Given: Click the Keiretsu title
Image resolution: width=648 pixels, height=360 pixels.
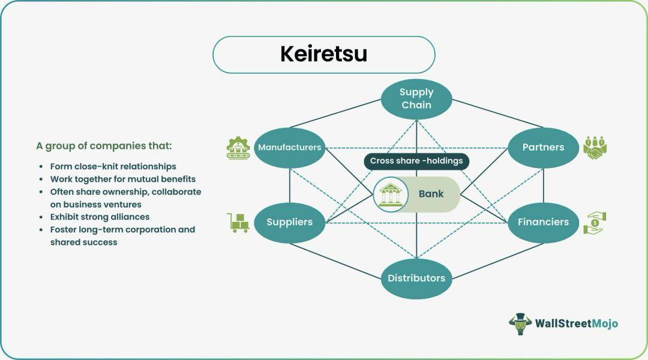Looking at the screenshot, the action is pos(323,54).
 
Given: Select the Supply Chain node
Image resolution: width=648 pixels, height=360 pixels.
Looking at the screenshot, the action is pos(416,99).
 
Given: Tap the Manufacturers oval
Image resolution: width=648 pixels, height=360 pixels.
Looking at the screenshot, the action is pos(290,148).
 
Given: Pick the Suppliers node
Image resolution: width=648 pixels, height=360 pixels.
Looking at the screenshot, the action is pos(290,223).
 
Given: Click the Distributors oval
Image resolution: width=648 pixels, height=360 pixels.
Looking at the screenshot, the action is pos(416,278).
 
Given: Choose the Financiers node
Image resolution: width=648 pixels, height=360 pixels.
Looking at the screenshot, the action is pos(544,223).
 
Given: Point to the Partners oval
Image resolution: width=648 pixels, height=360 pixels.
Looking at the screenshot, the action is pos(544,148).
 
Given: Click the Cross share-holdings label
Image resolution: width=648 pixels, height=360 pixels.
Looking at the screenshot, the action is pos(416,161).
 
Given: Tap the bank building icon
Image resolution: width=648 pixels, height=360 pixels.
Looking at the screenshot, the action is pos(391,194).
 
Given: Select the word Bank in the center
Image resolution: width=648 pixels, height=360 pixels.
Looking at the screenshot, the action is pos(431,194).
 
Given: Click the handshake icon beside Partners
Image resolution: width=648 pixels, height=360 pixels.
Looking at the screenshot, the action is pos(595,148).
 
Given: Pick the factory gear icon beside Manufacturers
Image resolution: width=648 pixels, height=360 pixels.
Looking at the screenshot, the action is pos(238,148).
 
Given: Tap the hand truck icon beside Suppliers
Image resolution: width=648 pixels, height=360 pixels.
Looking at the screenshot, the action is pos(238,223).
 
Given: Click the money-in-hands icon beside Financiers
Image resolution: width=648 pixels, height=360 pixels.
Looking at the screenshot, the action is pos(595,223).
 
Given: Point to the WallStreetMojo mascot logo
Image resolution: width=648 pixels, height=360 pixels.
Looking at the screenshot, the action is pos(520,323).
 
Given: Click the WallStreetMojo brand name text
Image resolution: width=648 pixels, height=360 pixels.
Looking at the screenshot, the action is pos(577,323).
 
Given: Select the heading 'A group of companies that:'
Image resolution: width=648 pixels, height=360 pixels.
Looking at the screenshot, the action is pos(104,146).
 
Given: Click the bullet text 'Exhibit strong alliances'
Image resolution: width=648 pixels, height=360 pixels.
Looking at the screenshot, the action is pos(100,217).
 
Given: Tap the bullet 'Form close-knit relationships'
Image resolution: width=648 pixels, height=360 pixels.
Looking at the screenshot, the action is pos(113,167).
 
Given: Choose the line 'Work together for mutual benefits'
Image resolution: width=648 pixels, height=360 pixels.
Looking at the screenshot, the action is pos(123,179).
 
